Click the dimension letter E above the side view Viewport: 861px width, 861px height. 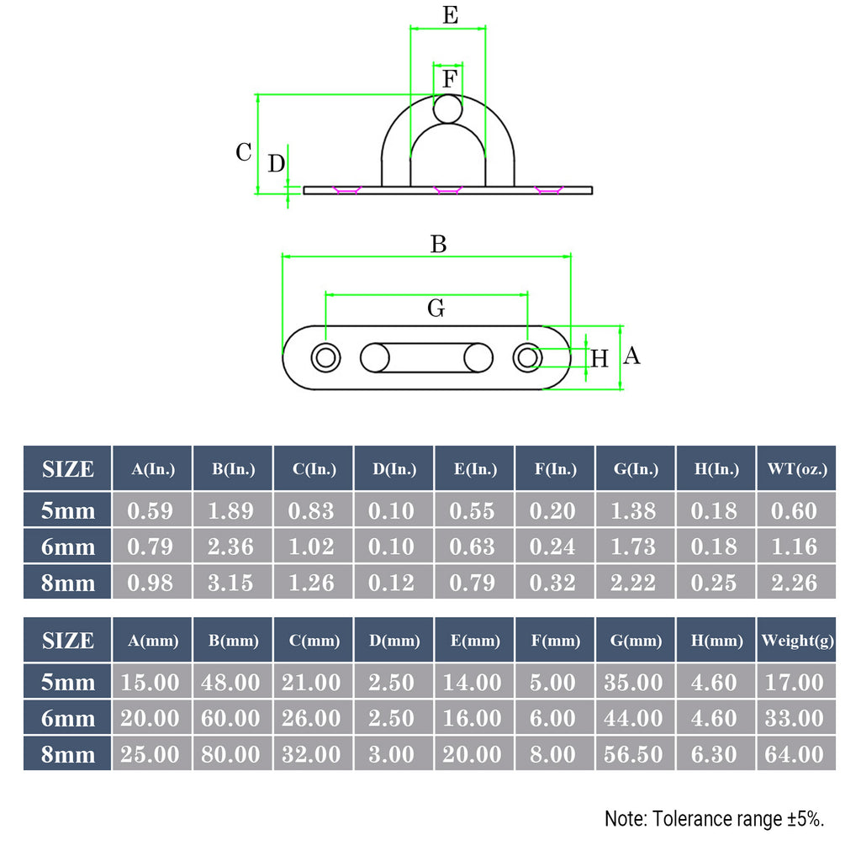[x=450, y=15]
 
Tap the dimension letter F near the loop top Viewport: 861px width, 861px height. [x=450, y=81]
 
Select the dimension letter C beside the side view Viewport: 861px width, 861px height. [x=243, y=153]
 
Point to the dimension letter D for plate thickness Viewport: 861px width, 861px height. [x=277, y=164]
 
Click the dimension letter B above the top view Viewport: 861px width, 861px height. [x=438, y=245]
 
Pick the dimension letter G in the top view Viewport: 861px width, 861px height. [x=436, y=309]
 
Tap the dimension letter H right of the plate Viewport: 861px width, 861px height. [x=600, y=360]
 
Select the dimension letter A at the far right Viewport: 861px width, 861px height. [x=631, y=357]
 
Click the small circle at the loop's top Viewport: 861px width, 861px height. [x=448, y=108]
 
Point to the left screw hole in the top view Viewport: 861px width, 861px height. [x=326, y=357]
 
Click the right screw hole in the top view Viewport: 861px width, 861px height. [x=528, y=357]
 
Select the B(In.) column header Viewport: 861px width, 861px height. [x=232, y=469]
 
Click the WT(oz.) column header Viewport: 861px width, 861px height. [x=796, y=469]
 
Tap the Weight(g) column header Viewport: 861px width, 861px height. [x=796, y=641]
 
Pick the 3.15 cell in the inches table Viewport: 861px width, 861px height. [x=232, y=582]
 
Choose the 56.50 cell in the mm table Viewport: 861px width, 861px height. [x=635, y=754]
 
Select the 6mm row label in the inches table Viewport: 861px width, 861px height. [x=68, y=547]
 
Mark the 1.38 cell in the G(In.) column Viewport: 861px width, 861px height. [x=635, y=510]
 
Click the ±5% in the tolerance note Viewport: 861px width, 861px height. [x=805, y=819]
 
